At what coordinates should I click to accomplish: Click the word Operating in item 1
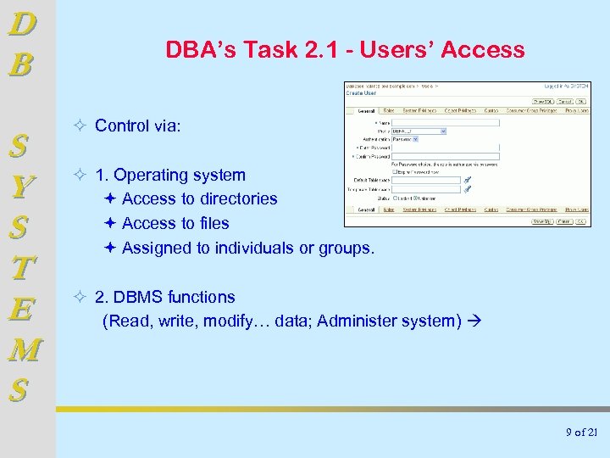click(x=152, y=176)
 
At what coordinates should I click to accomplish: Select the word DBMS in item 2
click(x=139, y=298)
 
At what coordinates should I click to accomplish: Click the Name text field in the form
click(x=446, y=122)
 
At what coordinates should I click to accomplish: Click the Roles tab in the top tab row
click(x=389, y=110)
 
